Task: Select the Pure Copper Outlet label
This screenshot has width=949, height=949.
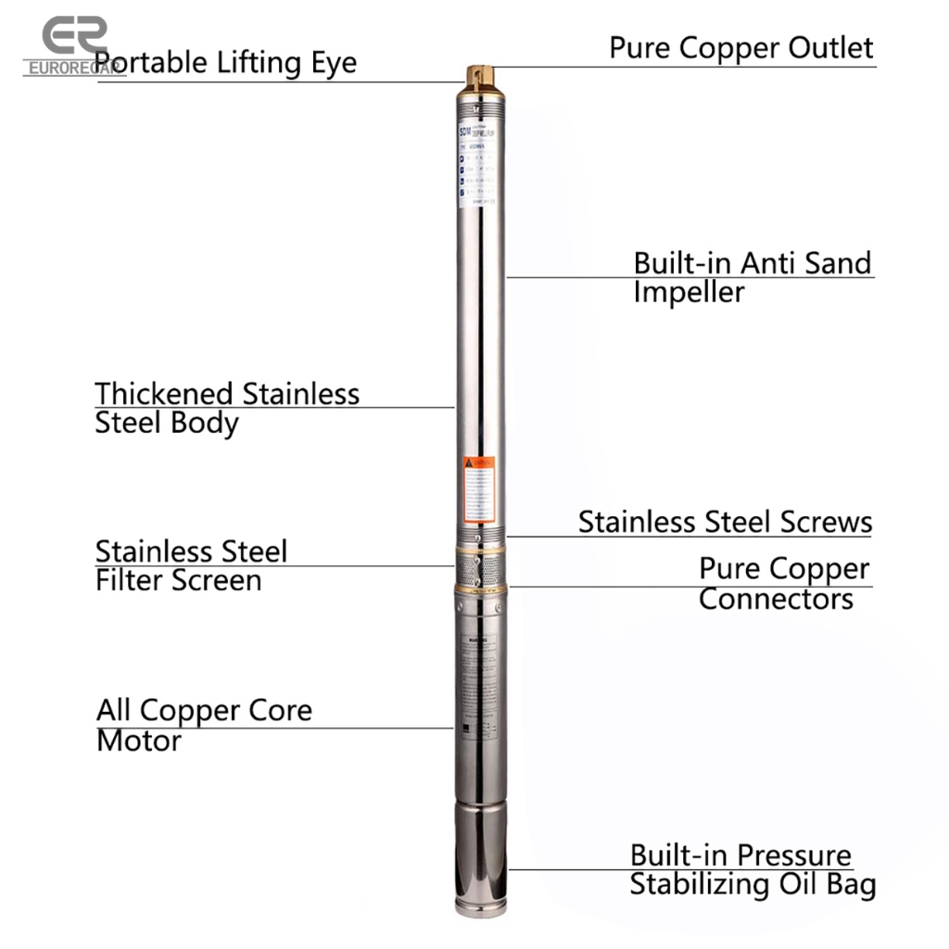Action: pos(740,48)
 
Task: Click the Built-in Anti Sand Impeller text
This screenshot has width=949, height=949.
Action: pos(752,277)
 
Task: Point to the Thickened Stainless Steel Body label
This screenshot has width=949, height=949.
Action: pos(226,408)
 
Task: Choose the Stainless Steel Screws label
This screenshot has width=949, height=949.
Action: pos(725,522)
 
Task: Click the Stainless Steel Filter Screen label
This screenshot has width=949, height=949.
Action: pos(191,565)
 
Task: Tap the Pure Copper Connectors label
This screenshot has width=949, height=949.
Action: pos(783,583)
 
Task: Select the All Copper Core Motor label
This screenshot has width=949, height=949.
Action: pos(204,726)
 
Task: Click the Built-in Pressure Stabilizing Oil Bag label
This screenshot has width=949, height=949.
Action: pos(752,869)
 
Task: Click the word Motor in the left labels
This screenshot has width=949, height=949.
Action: pos(139,741)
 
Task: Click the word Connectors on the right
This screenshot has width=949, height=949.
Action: pos(776,599)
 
